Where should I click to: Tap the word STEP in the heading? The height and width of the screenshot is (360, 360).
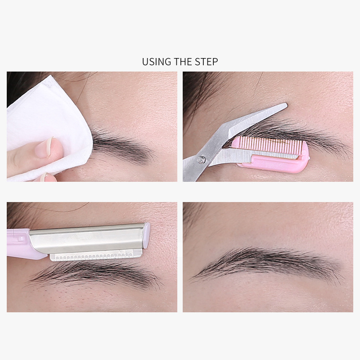[x=206, y=62]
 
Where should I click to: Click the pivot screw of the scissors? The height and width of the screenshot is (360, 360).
[x=201, y=159]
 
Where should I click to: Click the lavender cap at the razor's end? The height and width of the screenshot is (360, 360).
[x=146, y=235]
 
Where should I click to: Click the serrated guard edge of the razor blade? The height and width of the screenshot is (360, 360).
[x=96, y=256]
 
